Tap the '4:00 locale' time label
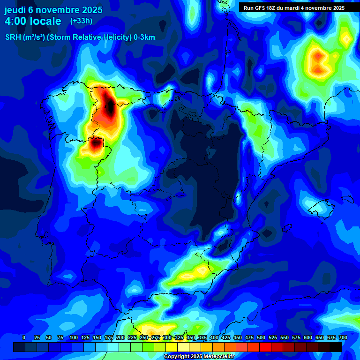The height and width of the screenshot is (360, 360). coord(33,21)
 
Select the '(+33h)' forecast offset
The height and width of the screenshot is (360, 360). coord(81,21)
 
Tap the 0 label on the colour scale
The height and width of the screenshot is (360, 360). coord(24,337)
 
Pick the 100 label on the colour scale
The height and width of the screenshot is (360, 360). coord(74,337)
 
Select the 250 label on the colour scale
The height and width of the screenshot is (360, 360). coord(144,337)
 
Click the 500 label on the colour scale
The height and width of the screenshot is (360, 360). coord(261,337)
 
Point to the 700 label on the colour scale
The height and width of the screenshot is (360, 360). coord(343,337)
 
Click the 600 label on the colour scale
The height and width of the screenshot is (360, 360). coord(308,337)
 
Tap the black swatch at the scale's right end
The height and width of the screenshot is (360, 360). coord(336,347)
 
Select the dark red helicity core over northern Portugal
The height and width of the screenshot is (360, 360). coord(96,143)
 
